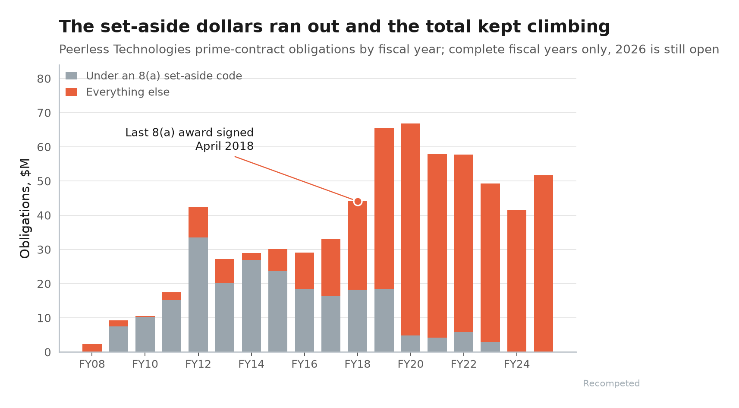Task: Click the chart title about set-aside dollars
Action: pos(334,27)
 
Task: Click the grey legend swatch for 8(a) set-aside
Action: pos(71,76)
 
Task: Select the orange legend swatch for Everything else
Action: pos(71,92)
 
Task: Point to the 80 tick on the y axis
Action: pos(44,79)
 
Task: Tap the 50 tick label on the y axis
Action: pos(44,181)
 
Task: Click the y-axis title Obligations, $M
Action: pos(25,208)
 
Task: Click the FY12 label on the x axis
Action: pos(198,364)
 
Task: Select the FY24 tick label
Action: pos(517,364)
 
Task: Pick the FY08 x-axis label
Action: pos(92,364)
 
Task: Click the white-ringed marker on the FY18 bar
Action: pos(358,201)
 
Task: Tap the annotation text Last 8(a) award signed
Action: pos(189,133)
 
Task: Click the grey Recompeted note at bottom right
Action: pos(611,383)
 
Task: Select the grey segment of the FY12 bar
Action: pos(198,295)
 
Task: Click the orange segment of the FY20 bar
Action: pos(411,230)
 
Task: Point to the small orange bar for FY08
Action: pos(92,348)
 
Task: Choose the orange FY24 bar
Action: pos(517,281)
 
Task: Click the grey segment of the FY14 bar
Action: pos(252,306)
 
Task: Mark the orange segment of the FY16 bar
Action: pos(305,271)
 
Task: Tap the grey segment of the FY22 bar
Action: pos(463,342)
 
